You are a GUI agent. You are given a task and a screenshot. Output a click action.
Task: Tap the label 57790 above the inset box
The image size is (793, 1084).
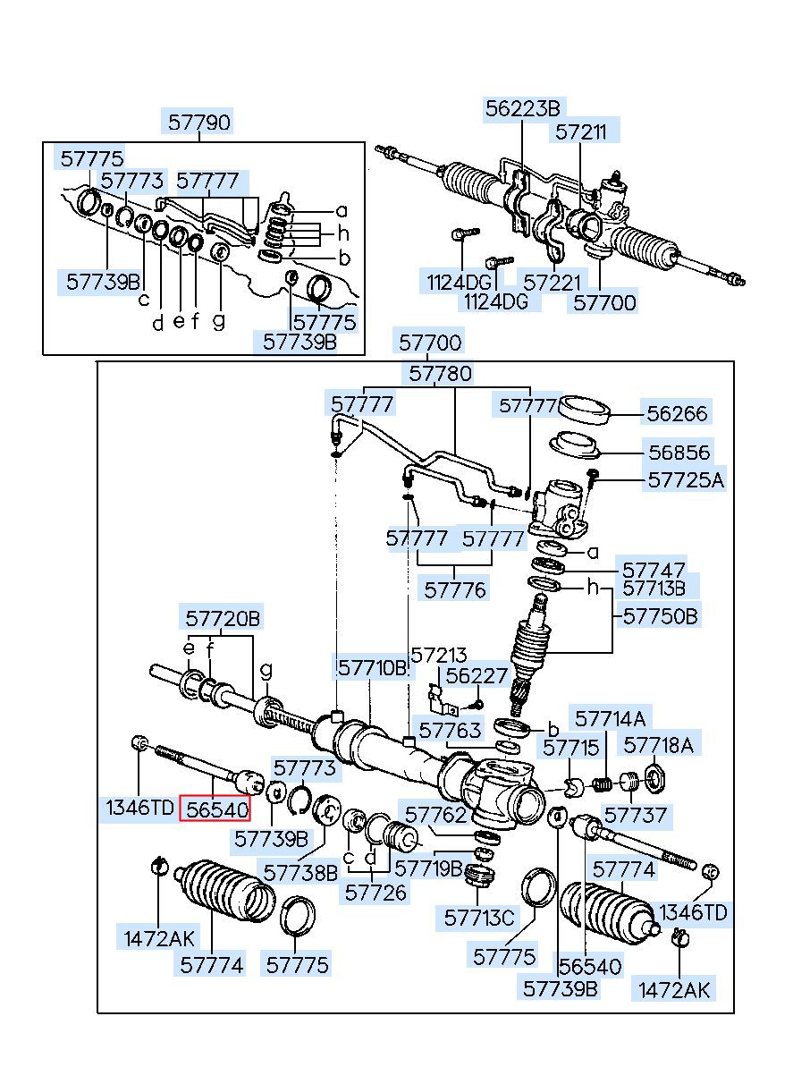(x=198, y=122)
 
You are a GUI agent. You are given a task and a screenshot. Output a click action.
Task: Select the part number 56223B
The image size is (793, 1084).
(x=522, y=108)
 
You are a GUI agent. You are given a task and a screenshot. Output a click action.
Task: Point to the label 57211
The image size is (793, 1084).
(x=580, y=131)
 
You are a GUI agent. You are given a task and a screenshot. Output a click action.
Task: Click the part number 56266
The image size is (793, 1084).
(x=677, y=413)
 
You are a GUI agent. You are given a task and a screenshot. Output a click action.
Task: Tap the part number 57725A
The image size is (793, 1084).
(x=686, y=480)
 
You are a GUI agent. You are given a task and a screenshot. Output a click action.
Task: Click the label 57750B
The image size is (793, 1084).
(x=661, y=616)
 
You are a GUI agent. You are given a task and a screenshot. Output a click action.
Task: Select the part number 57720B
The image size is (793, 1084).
(x=223, y=618)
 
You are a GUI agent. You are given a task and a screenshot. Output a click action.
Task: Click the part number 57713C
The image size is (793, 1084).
(x=478, y=918)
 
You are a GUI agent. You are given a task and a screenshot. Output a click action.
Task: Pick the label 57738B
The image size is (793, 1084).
(x=300, y=873)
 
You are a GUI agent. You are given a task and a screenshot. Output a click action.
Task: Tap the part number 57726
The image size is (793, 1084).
(x=375, y=892)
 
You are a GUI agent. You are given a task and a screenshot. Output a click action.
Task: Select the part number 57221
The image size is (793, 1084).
(x=552, y=282)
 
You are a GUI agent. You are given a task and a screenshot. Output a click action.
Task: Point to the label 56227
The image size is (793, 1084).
(x=477, y=675)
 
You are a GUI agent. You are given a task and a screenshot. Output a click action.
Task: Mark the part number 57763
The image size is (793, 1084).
(x=450, y=730)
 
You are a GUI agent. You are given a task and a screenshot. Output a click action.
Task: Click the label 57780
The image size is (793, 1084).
(x=440, y=374)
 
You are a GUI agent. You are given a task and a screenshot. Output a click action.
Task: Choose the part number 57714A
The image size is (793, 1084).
(x=610, y=720)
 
